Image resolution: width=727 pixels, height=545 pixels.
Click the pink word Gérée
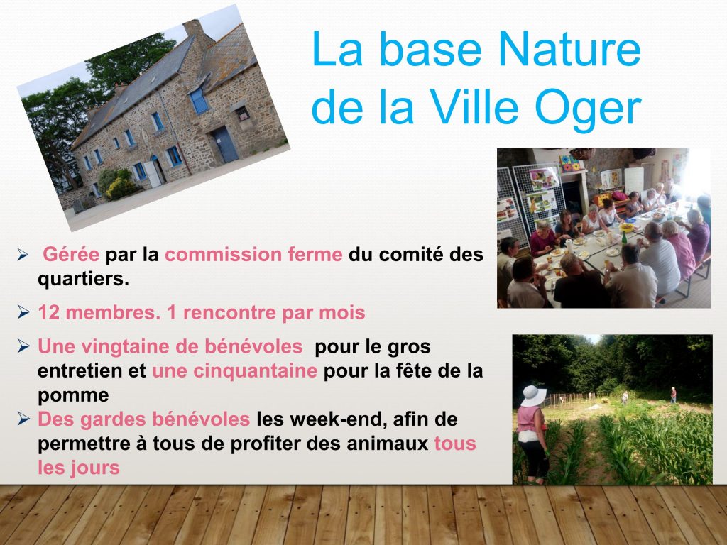click(x=71, y=255)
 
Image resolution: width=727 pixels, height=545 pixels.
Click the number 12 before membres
click(x=49, y=313)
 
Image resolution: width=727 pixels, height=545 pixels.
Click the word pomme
click(x=73, y=396)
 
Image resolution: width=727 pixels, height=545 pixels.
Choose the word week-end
click(x=339, y=419)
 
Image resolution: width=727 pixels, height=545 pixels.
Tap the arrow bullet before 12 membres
click(x=23, y=312)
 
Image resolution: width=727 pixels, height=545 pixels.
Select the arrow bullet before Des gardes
click(x=23, y=419)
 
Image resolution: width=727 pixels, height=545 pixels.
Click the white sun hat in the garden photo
click(x=534, y=396)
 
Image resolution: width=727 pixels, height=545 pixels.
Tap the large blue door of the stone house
click(x=226, y=144)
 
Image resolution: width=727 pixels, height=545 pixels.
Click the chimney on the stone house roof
click(x=193, y=28)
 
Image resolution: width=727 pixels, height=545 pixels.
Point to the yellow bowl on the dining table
click(x=626, y=228)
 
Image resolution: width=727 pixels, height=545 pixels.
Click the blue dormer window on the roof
click(x=199, y=101)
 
